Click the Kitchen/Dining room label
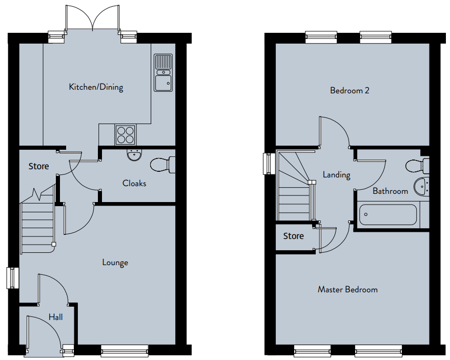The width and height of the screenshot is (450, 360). [x=96, y=87]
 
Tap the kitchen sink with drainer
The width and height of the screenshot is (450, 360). [x=163, y=73]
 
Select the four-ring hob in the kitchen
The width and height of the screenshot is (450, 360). [x=126, y=135]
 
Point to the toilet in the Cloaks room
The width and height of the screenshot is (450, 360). [x=162, y=165]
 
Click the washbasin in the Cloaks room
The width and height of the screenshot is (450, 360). [x=134, y=155]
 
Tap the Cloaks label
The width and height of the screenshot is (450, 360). [x=134, y=183]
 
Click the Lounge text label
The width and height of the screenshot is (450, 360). [x=115, y=263]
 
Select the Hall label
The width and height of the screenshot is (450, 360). [x=55, y=317]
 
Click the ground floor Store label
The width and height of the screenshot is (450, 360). [x=38, y=166]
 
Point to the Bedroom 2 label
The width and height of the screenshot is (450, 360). [x=350, y=90]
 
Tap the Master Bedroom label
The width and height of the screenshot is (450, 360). [x=347, y=289]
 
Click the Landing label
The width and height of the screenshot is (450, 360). [x=336, y=175]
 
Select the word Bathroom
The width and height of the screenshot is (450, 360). [x=391, y=191]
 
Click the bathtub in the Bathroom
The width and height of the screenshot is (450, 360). [x=388, y=214]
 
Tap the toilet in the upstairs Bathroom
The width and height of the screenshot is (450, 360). [x=418, y=166]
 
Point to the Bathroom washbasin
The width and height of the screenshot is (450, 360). [x=421, y=187]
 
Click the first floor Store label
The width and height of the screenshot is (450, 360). [x=293, y=236]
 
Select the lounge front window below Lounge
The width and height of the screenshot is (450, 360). [x=125, y=351]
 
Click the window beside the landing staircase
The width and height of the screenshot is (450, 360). [x=267, y=164]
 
